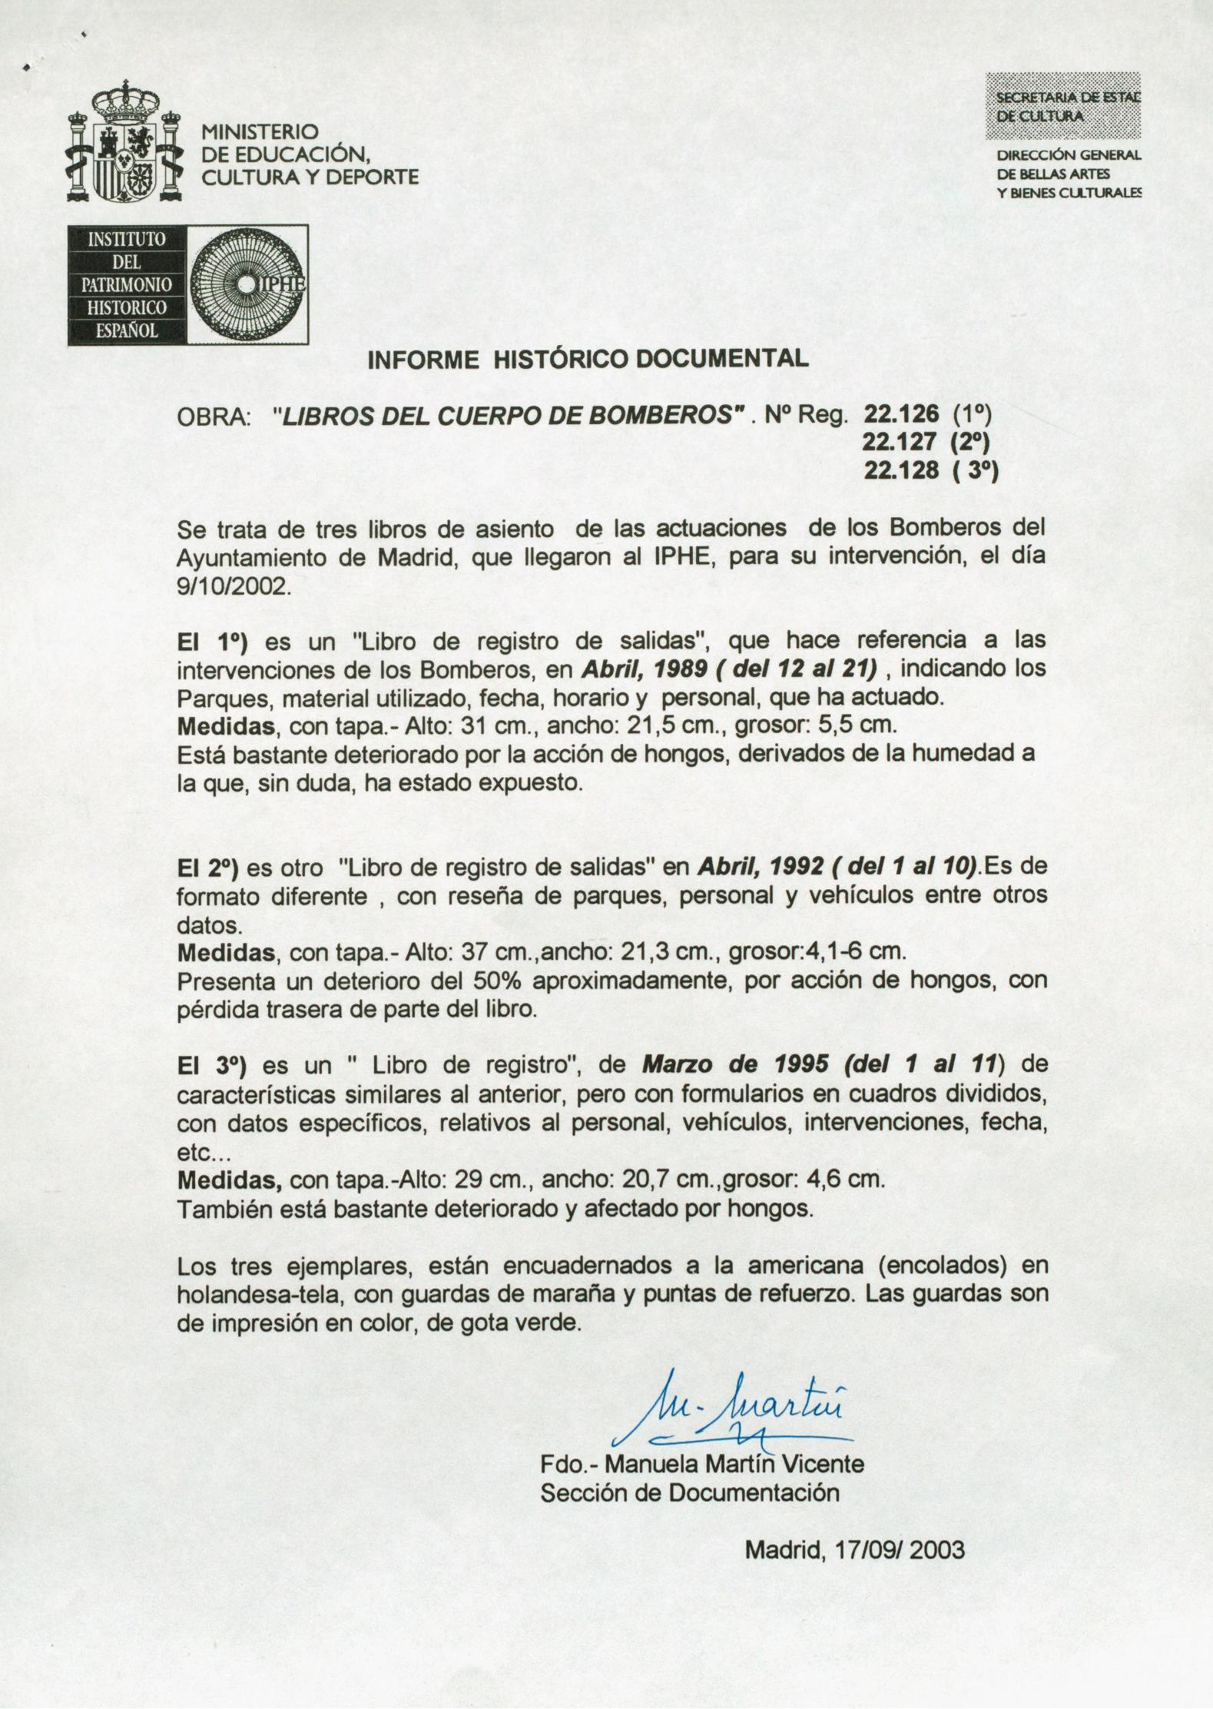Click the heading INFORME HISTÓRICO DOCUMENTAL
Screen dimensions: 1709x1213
pos(588,359)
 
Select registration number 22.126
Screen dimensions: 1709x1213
pos(900,414)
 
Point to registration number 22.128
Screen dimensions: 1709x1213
pos(900,470)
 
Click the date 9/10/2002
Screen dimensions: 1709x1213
pos(234,587)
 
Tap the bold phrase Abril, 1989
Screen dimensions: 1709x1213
pos(644,669)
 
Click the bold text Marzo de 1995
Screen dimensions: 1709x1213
pos(735,1065)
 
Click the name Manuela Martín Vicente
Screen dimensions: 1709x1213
pos(734,1464)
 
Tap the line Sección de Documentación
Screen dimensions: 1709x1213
pos(689,1492)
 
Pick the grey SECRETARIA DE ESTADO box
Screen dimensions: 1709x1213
pos(1063,106)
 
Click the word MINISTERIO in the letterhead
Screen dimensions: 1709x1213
pos(258,132)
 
